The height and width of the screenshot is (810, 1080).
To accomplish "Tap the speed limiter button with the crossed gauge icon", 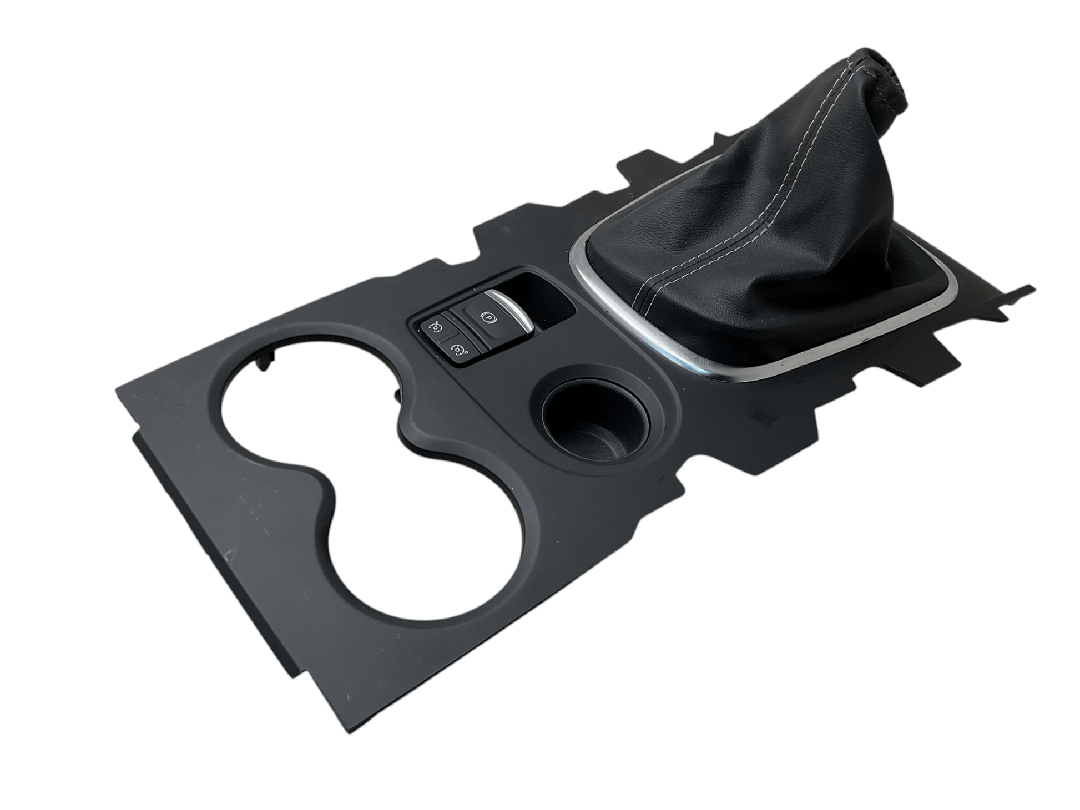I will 435,329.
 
